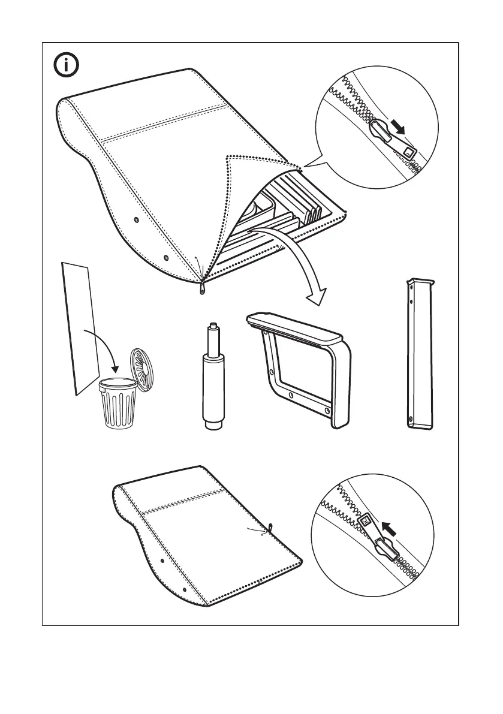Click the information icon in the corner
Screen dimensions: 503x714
pyautogui.click(x=67, y=65)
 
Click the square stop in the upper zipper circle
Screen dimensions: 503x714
pyautogui.click(x=409, y=152)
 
